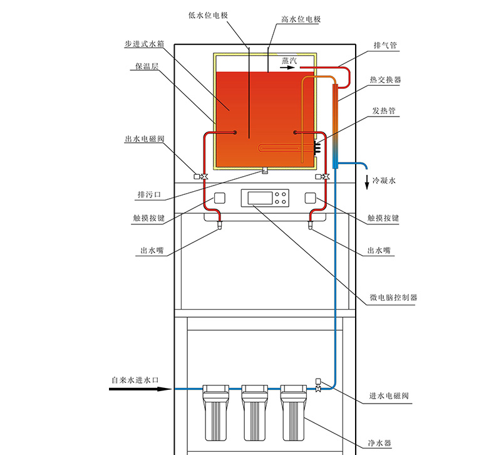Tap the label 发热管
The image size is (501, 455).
click(384, 111)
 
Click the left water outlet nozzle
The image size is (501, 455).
click(220, 225)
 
